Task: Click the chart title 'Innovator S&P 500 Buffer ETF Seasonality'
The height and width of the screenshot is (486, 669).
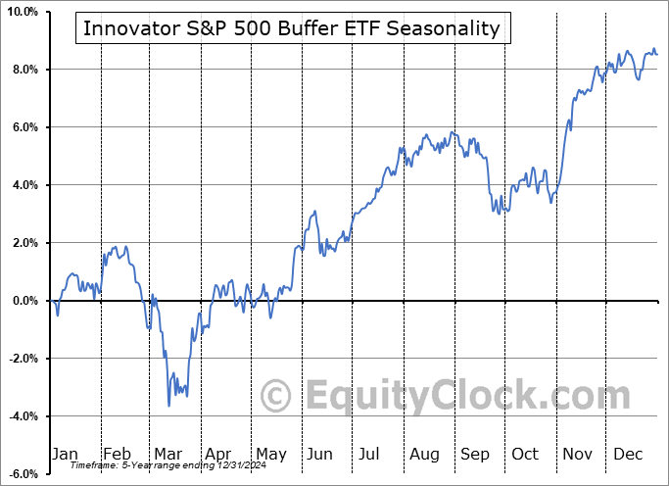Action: pyautogui.click(x=291, y=28)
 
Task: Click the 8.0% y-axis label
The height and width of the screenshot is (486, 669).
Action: pyautogui.click(x=24, y=70)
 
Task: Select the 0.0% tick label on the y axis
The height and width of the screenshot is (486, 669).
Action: pyautogui.click(x=24, y=301)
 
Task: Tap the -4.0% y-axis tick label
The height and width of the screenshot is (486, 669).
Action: pyautogui.click(x=23, y=416)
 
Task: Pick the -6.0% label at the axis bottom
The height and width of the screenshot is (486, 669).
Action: pyautogui.click(x=23, y=474)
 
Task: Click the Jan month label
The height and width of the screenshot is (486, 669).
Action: pyautogui.click(x=65, y=454)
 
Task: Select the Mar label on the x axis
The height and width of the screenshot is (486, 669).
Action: pyautogui.click(x=169, y=454)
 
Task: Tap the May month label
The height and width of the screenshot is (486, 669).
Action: pyautogui.click(x=271, y=454)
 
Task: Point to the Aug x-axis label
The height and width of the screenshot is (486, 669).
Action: pyautogui.click(x=424, y=454)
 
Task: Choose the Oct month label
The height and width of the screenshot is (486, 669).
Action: pyautogui.click(x=526, y=454)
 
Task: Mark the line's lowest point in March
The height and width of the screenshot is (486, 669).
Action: pyautogui.click(x=168, y=405)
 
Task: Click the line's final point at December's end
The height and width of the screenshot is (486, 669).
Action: pyautogui.click(x=656, y=54)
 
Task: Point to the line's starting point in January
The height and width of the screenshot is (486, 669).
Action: pyautogui.click(x=51, y=301)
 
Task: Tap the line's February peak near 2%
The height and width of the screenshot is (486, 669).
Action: pyautogui.click(x=115, y=247)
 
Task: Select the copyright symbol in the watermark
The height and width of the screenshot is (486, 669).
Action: pyautogui.click(x=275, y=396)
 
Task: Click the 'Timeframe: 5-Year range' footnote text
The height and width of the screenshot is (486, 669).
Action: pyautogui.click(x=157, y=465)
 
